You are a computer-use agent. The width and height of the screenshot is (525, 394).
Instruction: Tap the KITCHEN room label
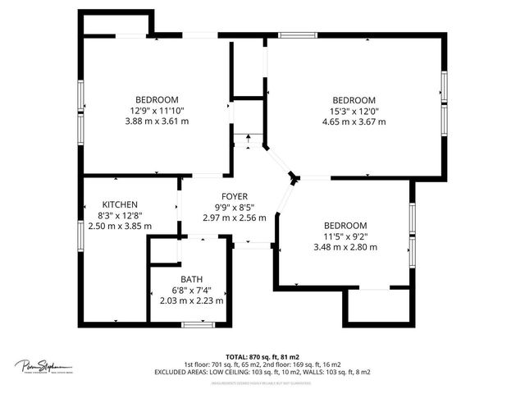pos(120,204)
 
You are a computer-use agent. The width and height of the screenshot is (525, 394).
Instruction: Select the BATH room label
pos(191,279)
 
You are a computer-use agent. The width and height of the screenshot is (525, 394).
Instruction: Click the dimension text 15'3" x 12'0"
pos(354,111)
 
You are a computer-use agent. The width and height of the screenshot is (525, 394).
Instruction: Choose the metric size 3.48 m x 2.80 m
pos(345,247)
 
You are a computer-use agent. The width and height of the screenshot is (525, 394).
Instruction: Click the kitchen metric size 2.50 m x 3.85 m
pos(120,226)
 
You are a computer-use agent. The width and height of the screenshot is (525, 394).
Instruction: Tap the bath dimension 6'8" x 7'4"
pos(191,290)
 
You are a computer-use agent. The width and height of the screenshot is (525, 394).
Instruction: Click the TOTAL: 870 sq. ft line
pos(262,357)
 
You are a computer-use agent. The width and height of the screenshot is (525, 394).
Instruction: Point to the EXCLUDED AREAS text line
pos(262,372)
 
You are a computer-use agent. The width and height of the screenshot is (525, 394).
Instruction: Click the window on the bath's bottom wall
pos(194,325)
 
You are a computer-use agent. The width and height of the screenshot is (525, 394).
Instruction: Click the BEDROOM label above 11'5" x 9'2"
pos(345,226)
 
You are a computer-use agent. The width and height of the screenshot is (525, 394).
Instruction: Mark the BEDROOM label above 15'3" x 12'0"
pos(354,100)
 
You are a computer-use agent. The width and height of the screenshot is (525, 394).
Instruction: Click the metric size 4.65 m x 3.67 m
pos(354,121)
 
